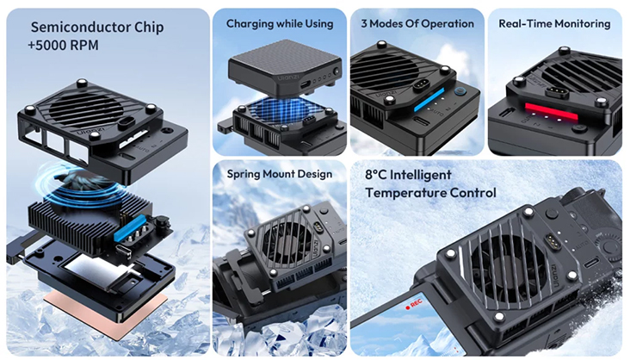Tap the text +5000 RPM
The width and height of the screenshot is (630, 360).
(x=59, y=46)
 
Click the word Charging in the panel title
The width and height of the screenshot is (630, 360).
(x=250, y=23)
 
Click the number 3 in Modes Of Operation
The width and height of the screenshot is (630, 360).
(x=366, y=23)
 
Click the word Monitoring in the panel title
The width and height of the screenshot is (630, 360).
(x=578, y=23)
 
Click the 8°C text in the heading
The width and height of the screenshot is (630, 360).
(x=379, y=174)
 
